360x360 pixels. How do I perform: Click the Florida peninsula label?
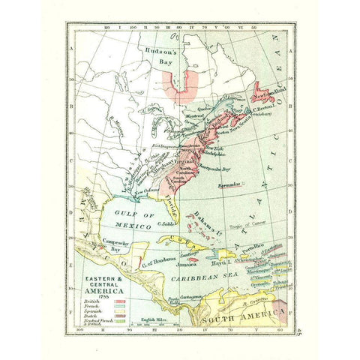tap(171, 200)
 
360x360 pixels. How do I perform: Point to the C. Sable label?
tap(166, 223)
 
